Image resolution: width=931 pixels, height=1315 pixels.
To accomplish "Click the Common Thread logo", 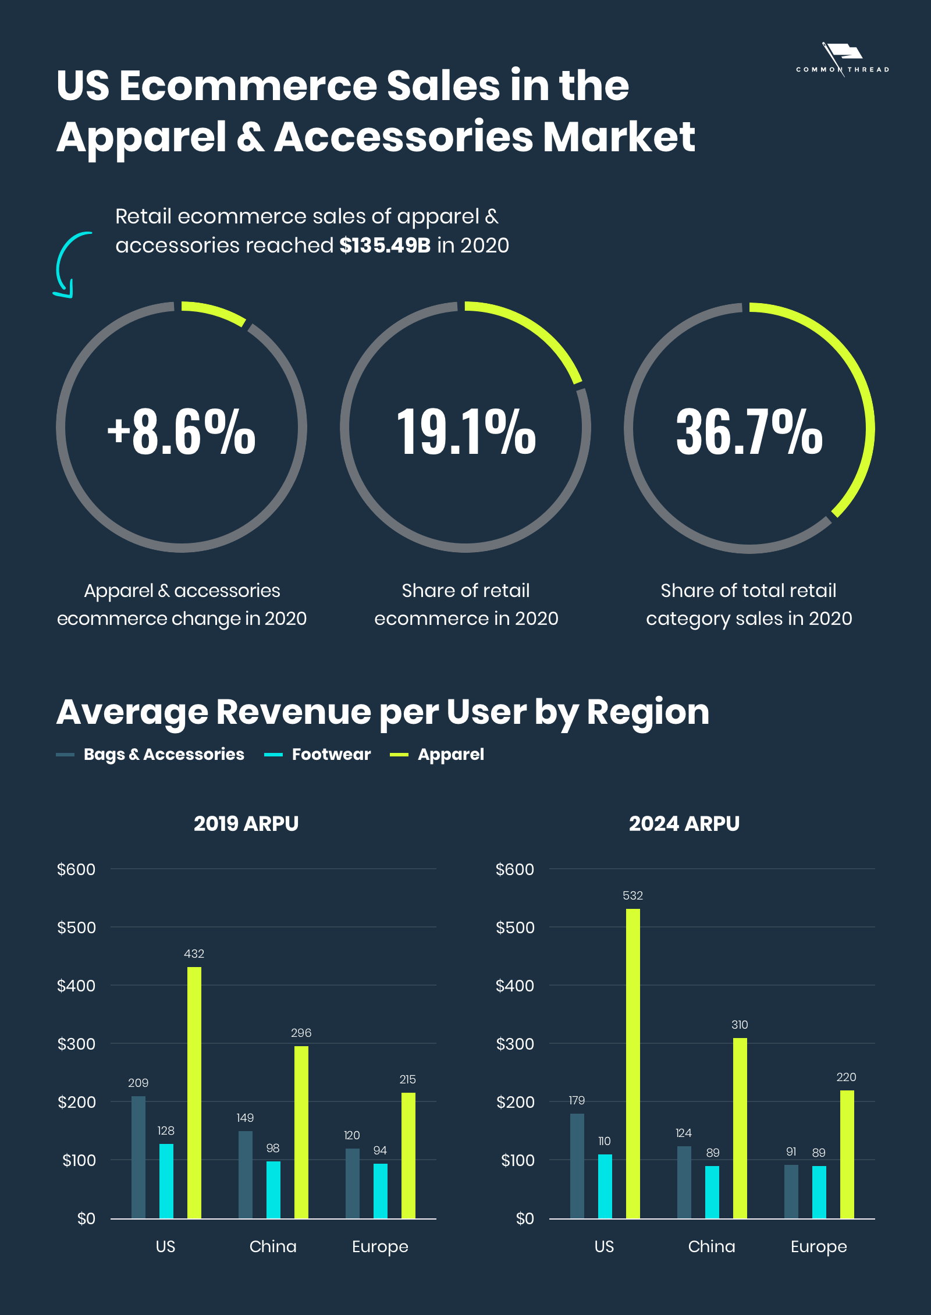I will pyautogui.click(x=843, y=61).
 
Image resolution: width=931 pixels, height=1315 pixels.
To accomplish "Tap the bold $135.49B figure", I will pyautogui.click(x=385, y=246).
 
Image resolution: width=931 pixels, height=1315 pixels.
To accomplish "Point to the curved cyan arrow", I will pyautogui.click(x=70, y=265).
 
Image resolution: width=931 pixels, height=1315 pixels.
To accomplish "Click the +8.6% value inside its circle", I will pyautogui.click(x=182, y=431).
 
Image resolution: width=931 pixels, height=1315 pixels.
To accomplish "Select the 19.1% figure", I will pyautogui.click(x=465, y=431).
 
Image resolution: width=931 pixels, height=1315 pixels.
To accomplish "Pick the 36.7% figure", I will pyautogui.click(x=749, y=431).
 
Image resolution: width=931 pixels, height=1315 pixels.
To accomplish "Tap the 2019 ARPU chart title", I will pyautogui.click(x=246, y=824).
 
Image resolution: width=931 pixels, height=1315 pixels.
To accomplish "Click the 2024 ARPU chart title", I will pyautogui.click(x=684, y=824).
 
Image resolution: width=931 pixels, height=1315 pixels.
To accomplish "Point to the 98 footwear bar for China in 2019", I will pyautogui.click(x=273, y=1189).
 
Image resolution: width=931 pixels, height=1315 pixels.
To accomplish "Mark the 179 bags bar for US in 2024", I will pyautogui.click(x=577, y=1166).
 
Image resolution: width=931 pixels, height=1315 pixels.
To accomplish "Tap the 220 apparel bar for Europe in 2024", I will pyautogui.click(x=847, y=1154).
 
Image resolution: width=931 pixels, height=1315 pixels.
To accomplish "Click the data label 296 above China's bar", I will pyautogui.click(x=301, y=1033).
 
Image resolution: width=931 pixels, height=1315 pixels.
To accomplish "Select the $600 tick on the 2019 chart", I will pyautogui.click(x=76, y=869).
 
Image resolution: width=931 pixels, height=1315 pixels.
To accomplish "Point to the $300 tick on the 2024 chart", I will pyautogui.click(x=515, y=1044).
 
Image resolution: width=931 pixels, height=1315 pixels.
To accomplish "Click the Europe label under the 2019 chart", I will pyautogui.click(x=380, y=1247).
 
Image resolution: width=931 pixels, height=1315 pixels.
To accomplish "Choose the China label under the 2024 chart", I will pyautogui.click(x=712, y=1247).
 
